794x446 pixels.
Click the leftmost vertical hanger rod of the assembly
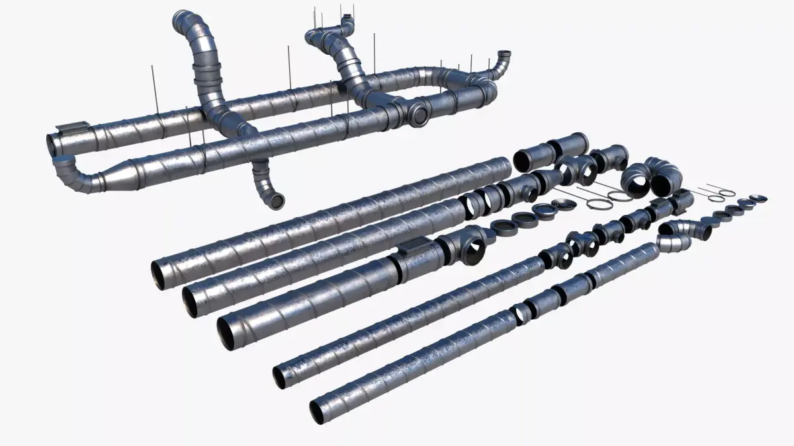click(153, 83)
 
